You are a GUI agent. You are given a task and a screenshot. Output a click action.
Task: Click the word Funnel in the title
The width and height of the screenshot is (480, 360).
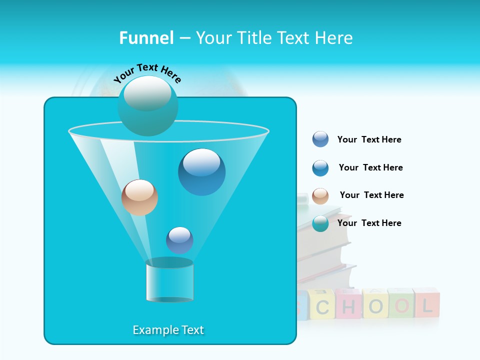[146, 38]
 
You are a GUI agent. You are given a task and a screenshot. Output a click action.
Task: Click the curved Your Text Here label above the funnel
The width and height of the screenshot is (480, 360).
[147, 73]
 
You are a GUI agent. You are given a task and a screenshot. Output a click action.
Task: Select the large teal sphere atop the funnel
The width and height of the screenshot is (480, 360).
[148, 106]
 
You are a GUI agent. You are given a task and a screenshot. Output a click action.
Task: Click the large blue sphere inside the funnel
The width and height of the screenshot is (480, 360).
[201, 172]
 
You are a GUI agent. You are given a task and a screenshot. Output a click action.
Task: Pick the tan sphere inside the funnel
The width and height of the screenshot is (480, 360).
[139, 197]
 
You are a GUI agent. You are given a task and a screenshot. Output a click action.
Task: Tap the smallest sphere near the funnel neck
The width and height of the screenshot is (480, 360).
[179, 240]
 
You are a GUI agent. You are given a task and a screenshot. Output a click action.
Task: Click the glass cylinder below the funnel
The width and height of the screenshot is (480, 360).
[169, 281]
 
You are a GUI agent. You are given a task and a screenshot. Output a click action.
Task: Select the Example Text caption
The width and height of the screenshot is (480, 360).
[168, 330]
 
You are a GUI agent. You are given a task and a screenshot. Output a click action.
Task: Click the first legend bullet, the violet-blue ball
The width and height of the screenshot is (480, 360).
[320, 139]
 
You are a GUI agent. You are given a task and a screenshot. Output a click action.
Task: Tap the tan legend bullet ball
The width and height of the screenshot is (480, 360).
[320, 196]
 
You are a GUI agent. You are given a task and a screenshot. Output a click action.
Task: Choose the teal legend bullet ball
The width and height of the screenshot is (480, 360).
[320, 223]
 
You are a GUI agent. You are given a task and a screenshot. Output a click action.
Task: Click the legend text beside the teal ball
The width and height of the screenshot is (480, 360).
[369, 223]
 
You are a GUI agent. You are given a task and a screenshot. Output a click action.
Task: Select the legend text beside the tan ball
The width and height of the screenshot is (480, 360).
[371, 195]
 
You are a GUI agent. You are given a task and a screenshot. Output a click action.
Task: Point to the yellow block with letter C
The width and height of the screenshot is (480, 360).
[322, 305]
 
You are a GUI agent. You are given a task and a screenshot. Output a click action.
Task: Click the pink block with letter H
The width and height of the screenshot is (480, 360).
[348, 304]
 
